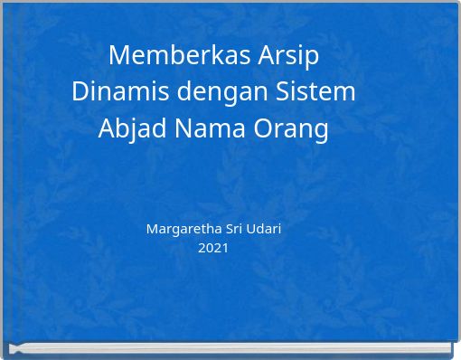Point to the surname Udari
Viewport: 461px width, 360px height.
click(264, 229)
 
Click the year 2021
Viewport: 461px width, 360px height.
click(213, 247)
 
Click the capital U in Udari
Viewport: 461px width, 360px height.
click(251, 229)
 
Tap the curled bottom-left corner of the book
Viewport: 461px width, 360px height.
click(15, 348)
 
